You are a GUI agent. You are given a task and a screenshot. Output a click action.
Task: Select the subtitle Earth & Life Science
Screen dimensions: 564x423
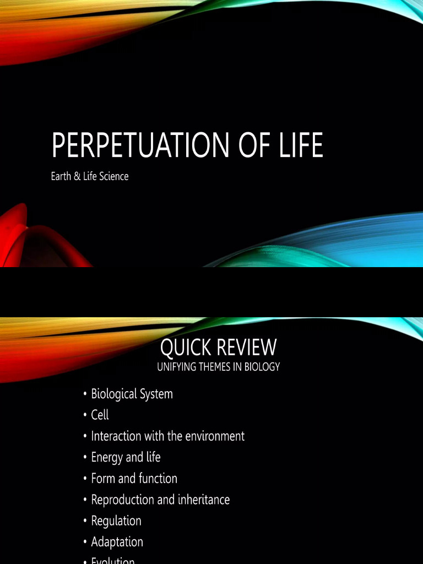pos(90,177)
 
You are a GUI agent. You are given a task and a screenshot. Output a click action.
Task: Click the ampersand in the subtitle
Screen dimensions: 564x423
pos(78,177)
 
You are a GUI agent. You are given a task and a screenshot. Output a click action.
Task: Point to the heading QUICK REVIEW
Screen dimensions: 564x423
pos(218,348)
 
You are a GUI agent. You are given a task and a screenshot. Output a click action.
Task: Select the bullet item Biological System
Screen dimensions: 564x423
pos(132,394)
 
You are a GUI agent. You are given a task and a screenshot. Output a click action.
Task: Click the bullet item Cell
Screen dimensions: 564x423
pos(100,415)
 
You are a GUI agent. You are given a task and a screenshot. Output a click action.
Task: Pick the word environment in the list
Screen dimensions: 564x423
pos(216,436)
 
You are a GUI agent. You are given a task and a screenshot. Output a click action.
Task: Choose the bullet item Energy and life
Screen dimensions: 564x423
pos(126,457)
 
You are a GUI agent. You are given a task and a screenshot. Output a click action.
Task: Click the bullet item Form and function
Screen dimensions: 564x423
pos(134,479)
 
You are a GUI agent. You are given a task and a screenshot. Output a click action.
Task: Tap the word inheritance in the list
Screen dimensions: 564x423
pos(202,500)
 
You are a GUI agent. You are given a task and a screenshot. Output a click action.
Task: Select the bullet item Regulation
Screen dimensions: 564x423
pos(116,520)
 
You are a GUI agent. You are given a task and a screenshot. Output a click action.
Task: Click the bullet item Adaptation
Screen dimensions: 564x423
pos(117,542)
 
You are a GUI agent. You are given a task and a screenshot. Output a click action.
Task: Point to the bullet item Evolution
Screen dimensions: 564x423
pos(113,560)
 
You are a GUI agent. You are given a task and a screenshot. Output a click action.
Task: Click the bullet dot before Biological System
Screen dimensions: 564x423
pos(85,394)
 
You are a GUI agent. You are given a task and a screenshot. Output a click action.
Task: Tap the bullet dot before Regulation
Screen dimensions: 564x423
pos(85,521)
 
